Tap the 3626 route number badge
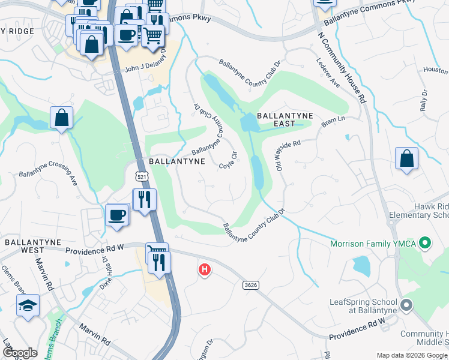(x=251, y=285)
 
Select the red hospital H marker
(x=205, y=270)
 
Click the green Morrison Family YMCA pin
(x=426, y=244)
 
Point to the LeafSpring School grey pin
(x=406, y=305)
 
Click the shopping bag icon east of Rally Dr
(x=407, y=160)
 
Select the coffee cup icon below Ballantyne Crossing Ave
(x=117, y=215)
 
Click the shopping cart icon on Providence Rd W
(x=157, y=252)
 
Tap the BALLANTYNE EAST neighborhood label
(x=276, y=119)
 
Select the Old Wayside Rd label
(x=288, y=154)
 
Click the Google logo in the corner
(x=19, y=353)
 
